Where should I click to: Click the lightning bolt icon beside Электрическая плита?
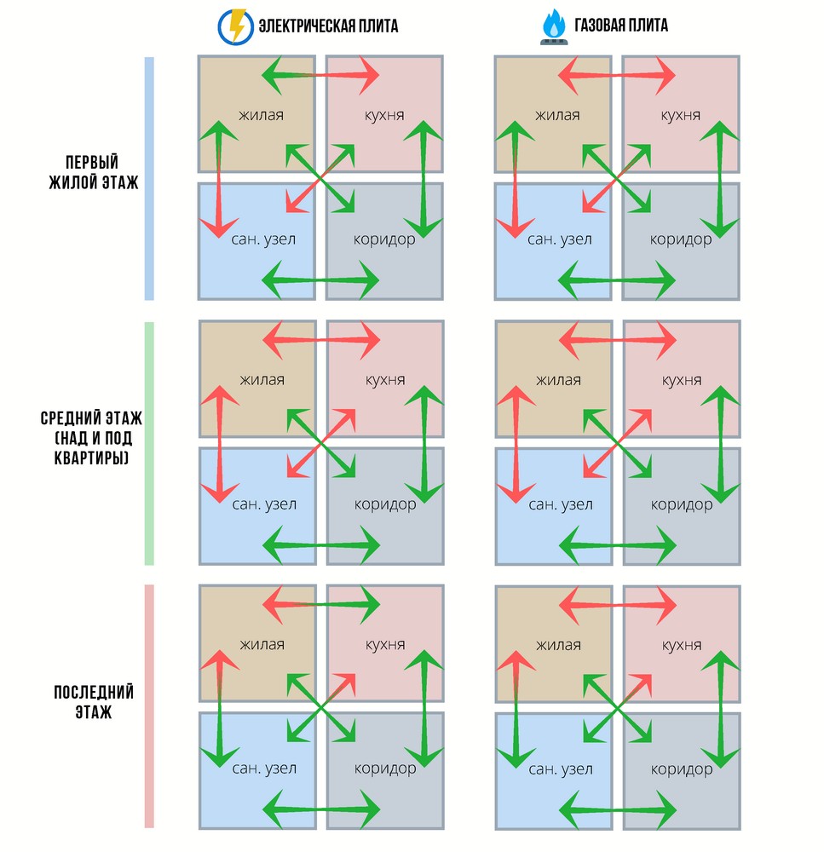point(235,26)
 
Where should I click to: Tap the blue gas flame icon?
point(554,26)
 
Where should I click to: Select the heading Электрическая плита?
point(328,26)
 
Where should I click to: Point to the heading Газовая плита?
point(621,25)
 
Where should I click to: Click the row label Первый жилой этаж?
point(94,172)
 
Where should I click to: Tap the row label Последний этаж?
point(94,701)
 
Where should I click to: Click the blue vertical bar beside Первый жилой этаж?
point(149,178)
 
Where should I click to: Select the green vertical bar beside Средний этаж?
point(149,443)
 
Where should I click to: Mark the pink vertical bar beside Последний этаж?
point(149,706)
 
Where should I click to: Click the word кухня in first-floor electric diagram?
point(384,116)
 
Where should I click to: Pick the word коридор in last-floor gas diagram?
point(682,769)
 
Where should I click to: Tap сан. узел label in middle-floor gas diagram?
point(561,504)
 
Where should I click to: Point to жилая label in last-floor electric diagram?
point(262,644)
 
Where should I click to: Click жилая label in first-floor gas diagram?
point(557,115)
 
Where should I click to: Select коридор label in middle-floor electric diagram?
point(385,504)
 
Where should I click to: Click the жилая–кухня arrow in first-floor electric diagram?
point(320,75)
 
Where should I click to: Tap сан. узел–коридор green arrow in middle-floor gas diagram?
point(618,545)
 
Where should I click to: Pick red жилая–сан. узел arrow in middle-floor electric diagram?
point(220,445)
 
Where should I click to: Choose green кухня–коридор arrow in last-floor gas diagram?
point(721,709)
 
